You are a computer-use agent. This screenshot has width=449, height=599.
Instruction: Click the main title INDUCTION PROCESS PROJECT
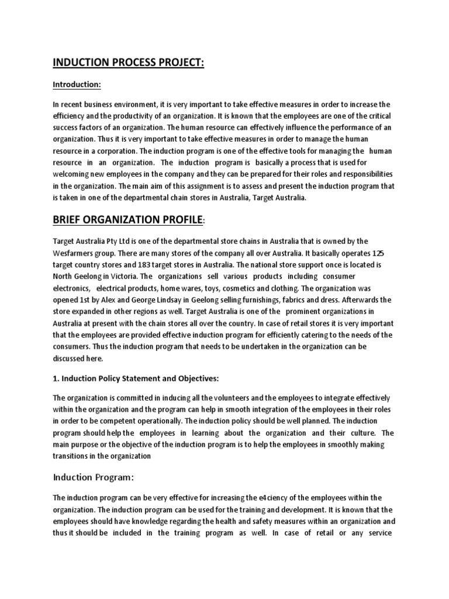click(129, 62)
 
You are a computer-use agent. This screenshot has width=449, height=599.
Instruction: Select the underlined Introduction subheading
click(77, 85)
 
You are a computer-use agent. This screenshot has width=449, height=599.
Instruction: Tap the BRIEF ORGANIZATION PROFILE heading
click(128, 221)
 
